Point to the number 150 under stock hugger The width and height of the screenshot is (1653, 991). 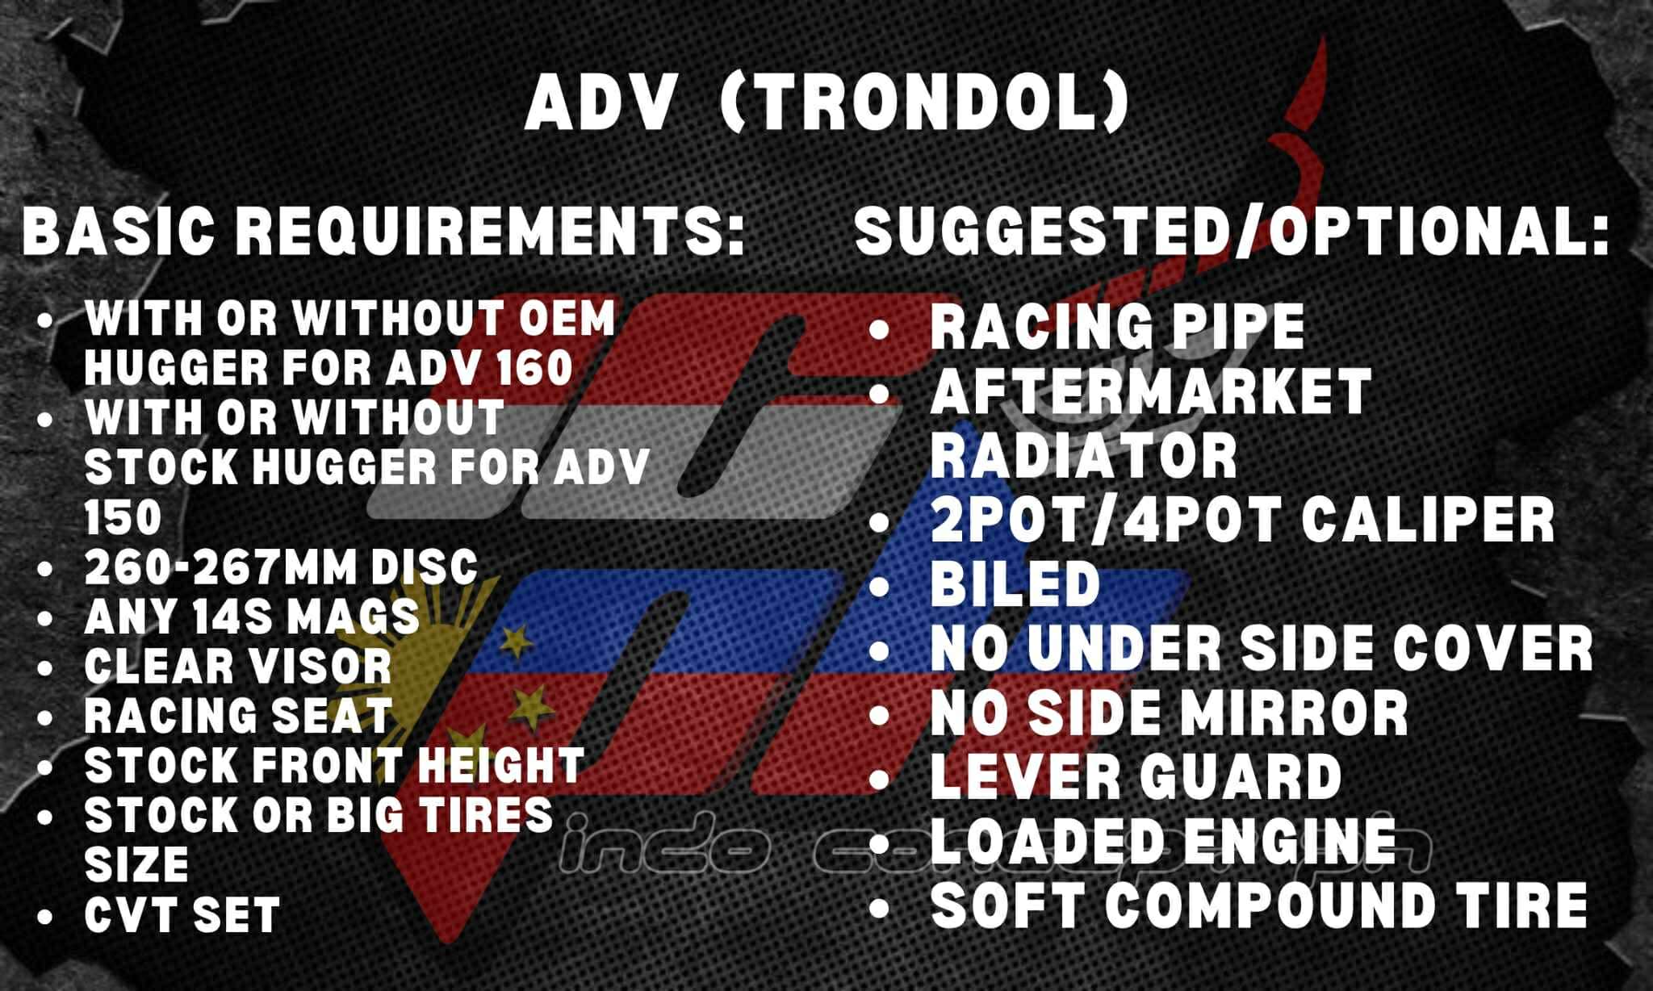pyautogui.click(x=123, y=517)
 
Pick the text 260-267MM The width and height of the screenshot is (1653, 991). pyautogui.click(x=220, y=567)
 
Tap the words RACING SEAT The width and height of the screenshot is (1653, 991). pyautogui.click(x=238, y=716)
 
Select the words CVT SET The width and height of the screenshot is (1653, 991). pyautogui.click(x=182, y=914)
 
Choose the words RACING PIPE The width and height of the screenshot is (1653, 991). pyautogui.click(x=1117, y=326)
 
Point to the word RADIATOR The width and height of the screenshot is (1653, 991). pyautogui.click(x=1084, y=455)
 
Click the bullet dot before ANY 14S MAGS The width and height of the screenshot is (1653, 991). pyautogui.click(x=45, y=618)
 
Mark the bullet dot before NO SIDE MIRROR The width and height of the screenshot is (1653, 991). pyautogui.click(x=879, y=714)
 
